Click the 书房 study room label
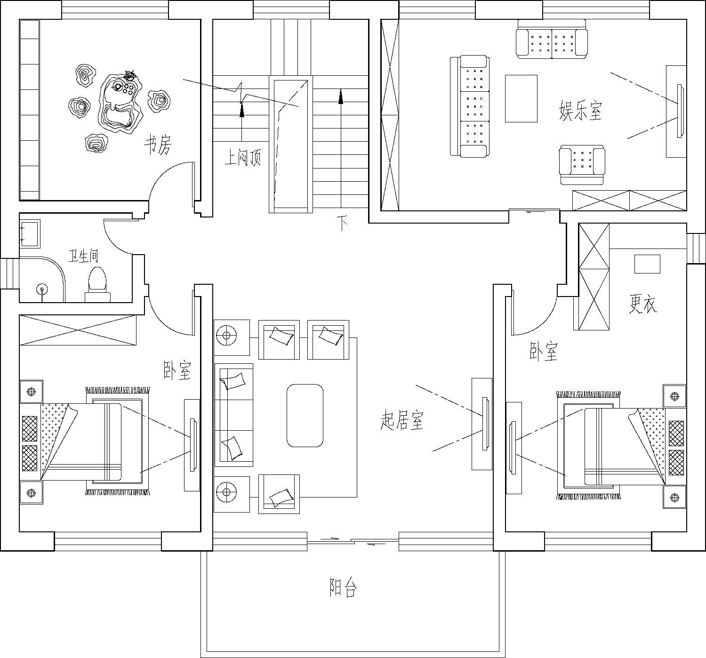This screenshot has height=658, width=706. point(158,144)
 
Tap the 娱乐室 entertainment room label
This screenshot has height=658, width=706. point(580,111)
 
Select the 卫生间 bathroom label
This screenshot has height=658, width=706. point(83,256)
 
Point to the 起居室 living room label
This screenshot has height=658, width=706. point(401,420)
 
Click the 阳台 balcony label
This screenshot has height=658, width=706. point(343,587)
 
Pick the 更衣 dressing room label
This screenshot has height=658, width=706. point(643,304)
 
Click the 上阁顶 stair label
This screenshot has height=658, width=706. point(243,158)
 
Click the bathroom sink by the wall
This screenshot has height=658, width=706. point(30,233)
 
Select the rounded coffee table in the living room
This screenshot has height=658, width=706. point(305,416)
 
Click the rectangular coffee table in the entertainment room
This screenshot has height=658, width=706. point(521,98)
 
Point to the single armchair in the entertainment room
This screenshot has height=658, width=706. point(582,165)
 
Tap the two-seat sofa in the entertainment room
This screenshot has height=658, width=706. point(552,39)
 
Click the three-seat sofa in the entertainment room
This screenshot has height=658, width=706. point(470,106)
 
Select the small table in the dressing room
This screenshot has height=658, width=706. point(647,264)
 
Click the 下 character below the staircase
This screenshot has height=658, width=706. point(342,224)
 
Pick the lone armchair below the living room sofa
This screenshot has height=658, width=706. point(279,494)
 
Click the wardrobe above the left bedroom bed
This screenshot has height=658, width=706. point(78,330)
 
